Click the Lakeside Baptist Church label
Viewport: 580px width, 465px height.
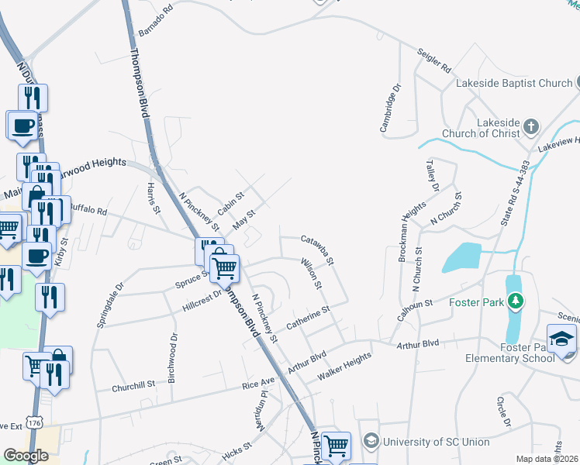pyautogui.click(x=513, y=83)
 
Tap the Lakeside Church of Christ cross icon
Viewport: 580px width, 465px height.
pyautogui.click(x=530, y=126)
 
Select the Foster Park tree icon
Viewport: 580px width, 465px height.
pyautogui.click(x=513, y=300)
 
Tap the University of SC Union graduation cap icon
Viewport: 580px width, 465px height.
pyautogui.click(x=369, y=442)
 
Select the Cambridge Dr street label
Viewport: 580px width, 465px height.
pyautogui.click(x=389, y=108)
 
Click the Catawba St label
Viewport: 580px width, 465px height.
pyautogui.click(x=316, y=250)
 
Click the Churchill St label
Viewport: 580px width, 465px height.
pyautogui.click(x=133, y=384)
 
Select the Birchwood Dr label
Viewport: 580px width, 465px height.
pyautogui.click(x=174, y=349)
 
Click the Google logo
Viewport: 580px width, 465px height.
pyautogui.click(x=26, y=456)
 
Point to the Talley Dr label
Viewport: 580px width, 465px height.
pyautogui.click(x=432, y=175)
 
